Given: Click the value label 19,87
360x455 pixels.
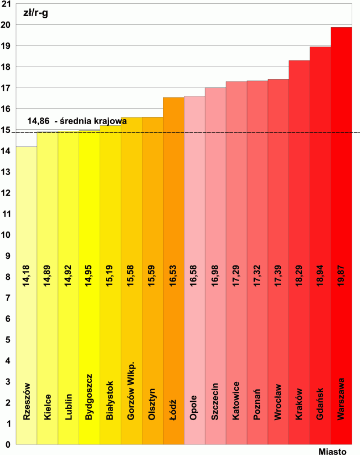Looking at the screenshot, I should (x=341, y=275).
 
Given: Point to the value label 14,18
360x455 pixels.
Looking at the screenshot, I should (x=27, y=275).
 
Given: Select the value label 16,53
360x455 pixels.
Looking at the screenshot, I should (x=173, y=275).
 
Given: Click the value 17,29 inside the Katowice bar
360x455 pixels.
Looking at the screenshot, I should (x=236, y=275).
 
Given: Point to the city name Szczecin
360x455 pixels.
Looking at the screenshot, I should (x=215, y=401).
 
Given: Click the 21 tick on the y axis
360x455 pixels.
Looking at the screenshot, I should (x=7, y=4).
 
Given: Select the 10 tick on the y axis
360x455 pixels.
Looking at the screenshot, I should (x=7, y=235).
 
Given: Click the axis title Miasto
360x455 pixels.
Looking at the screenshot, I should (x=332, y=451).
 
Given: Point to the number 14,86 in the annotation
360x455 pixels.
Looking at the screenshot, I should (x=38, y=121).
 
